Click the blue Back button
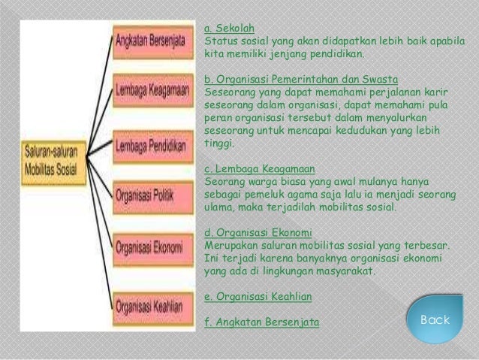435,320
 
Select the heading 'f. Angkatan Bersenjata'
261,322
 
